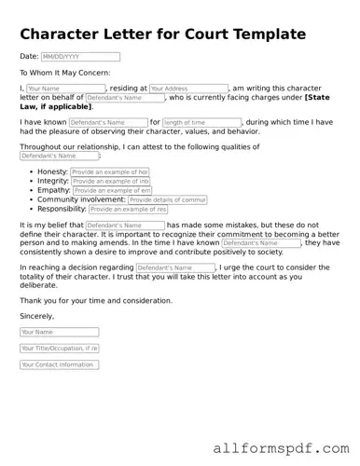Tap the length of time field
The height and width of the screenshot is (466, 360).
click(x=201, y=122)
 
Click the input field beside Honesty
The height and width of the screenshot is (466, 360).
click(x=109, y=172)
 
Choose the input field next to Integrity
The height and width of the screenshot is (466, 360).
click(x=111, y=182)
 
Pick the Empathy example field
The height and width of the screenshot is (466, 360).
click(x=112, y=191)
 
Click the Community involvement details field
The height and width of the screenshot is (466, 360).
click(x=167, y=200)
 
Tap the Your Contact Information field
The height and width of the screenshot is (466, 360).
click(x=59, y=365)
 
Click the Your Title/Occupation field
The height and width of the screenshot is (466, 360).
click(x=59, y=349)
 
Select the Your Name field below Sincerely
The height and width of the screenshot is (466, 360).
click(x=59, y=332)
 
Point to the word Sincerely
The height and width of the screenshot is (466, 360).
click(x=36, y=316)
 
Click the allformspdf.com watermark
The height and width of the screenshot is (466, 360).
click(x=279, y=448)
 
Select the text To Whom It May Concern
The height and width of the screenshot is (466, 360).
click(x=64, y=72)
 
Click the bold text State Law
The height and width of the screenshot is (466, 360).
click(x=316, y=98)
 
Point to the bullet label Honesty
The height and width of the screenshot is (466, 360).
click(x=52, y=172)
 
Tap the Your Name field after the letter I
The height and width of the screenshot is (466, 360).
click(x=64, y=89)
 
